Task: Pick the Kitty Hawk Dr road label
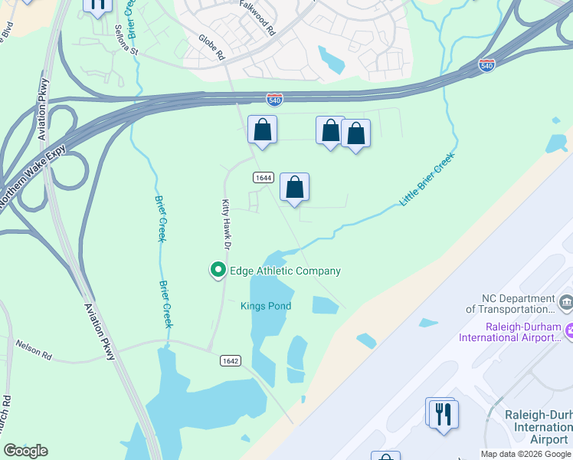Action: point(226,225)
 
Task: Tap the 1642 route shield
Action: point(229,360)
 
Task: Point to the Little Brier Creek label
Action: point(427,180)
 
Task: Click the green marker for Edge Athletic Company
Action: point(218,270)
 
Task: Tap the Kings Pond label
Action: point(266,306)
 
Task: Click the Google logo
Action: point(25,451)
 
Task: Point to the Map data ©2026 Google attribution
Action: point(526,454)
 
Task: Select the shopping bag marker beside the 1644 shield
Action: point(294,187)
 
